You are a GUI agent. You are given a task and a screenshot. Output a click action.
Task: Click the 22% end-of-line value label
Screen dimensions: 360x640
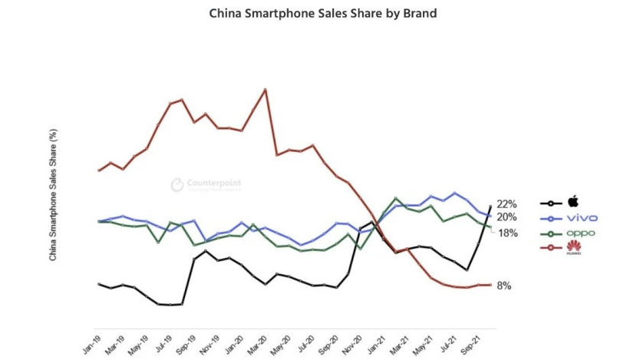[x=506, y=204]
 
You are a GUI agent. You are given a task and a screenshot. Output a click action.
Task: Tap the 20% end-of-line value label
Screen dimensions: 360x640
[x=506, y=217]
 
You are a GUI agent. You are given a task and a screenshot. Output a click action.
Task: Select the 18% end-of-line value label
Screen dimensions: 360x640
[x=508, y=233]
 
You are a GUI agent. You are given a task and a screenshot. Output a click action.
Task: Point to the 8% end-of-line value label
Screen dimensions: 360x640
[x=504, y=286]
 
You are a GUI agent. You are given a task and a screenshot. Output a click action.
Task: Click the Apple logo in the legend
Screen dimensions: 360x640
[x=572, y=202]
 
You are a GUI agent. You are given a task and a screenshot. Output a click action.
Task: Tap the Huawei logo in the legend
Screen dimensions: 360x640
[x=572, y=247]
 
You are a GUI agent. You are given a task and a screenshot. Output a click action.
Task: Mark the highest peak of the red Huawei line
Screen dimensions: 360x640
[x=265, y=89]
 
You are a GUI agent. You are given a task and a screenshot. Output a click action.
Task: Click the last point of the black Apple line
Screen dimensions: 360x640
[x=490, y=206]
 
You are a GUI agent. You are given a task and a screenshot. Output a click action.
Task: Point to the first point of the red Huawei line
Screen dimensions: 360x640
[x=99, y=170]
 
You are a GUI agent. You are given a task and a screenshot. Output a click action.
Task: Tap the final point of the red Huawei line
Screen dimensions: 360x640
[x=490, y=285]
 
